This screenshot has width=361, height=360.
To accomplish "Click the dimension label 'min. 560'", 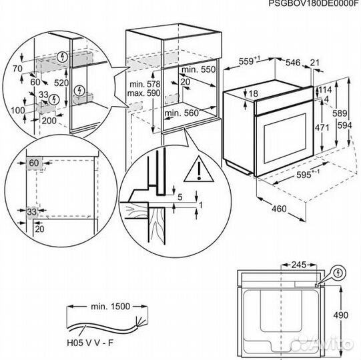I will pos(181,113).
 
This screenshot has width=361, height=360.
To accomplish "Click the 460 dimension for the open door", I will pos(279,209).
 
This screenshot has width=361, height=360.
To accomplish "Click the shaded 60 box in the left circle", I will pos(33,163).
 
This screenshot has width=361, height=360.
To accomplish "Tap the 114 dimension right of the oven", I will pos(326,90).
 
